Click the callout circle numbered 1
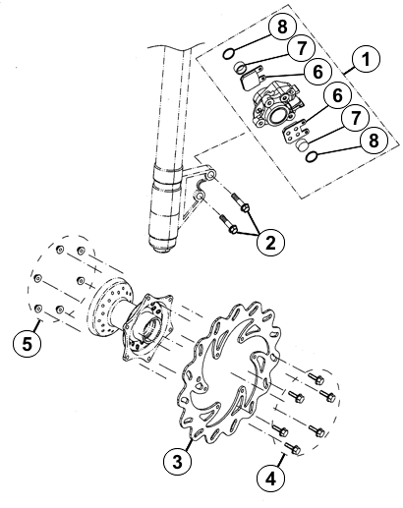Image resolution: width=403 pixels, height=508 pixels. tap(366, 60)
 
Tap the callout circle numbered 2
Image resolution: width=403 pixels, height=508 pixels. tap(270, 243)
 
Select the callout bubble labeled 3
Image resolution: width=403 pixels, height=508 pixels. tap(177, 462)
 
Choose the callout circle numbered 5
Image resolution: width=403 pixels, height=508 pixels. tap(28, 344)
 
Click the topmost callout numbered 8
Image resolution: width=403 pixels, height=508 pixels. tap(282, 27)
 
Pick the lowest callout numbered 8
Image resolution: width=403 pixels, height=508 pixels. tap(374, 141)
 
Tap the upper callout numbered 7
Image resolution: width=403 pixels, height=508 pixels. tap(301, 48)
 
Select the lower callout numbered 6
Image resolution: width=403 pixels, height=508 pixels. tap(337, 95)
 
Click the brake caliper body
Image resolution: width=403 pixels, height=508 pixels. tap(276, 105)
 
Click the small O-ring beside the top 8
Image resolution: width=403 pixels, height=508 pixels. tap(228, 54)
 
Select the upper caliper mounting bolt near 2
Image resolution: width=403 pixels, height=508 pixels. tap(241, 203)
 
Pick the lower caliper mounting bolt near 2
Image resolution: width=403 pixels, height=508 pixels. tap(228, 223)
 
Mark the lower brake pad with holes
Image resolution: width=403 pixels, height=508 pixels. tap(295, 133)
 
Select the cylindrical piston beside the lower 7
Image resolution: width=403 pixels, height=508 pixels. tap(301, 144)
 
